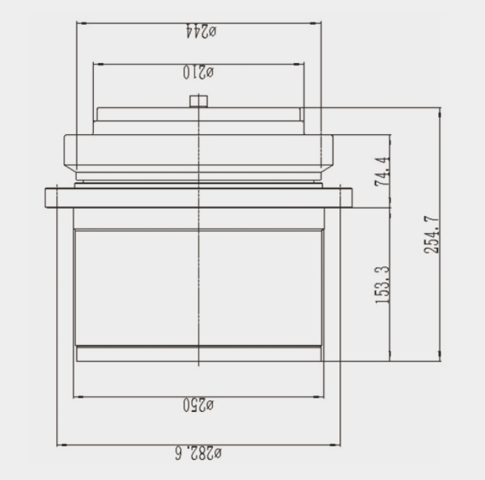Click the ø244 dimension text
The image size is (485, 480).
pos(201,31)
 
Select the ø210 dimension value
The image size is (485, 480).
pos(198,72)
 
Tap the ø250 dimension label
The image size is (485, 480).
pos(198,405)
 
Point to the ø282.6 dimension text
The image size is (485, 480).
pos(198,453)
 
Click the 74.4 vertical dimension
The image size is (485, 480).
pos(382,171)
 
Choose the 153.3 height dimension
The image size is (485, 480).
pos(382,285)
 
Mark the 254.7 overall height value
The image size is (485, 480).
pos(432,235)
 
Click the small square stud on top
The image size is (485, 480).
pos(199,101)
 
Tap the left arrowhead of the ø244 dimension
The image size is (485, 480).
pos(80,23)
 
